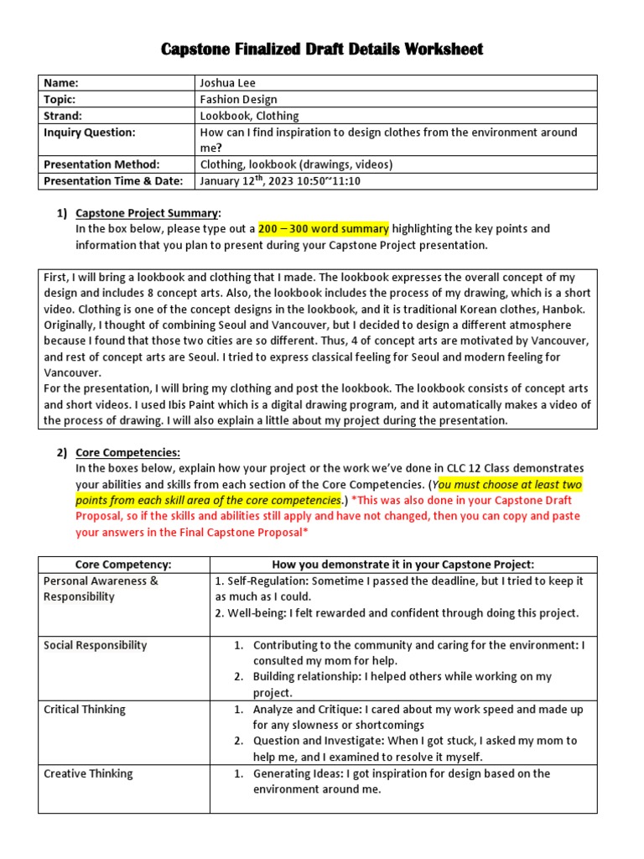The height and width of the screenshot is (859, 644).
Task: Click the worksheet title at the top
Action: pos(322,50)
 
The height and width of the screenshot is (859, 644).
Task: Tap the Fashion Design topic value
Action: pos(238,99)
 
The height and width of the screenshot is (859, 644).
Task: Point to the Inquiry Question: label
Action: pos(89,133)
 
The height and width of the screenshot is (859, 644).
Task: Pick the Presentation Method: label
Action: pos(101,164)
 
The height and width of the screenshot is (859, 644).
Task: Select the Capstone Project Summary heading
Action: pos(148,213)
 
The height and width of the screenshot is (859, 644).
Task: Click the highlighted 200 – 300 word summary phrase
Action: pos(323,229)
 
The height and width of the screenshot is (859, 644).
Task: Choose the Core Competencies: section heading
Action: pos(127,453)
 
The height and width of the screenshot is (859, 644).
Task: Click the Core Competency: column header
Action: pos(123,565)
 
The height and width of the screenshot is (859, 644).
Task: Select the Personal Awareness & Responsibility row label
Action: pos(101,589)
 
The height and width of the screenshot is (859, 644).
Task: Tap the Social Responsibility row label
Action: pos(95,645)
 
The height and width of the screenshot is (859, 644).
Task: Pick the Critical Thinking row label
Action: pos(85,710)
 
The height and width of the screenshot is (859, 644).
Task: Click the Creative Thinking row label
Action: pos(88,773)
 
